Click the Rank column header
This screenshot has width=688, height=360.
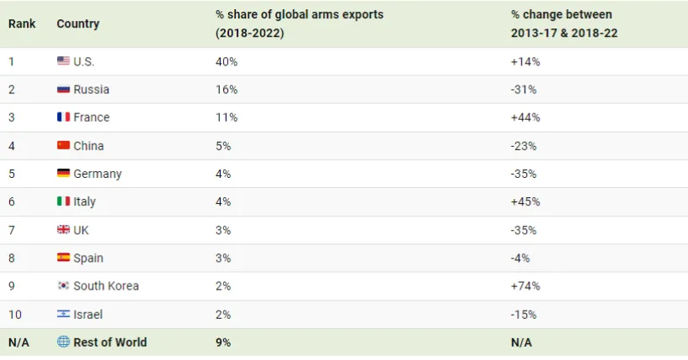[22, 23]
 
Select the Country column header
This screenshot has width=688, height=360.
[78, 23]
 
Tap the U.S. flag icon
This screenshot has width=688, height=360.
[63, 61]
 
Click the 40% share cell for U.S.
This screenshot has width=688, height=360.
[227, 61]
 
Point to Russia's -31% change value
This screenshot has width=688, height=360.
[524, 89]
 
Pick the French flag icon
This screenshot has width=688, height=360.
[63, 117]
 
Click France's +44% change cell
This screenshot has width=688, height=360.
[525, 117]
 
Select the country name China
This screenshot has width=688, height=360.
[89, 146]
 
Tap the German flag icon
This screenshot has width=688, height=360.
[63, 174]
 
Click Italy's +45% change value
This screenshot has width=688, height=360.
[525, 201]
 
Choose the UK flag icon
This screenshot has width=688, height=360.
[63, 230]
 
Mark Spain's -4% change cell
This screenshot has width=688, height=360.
[520, 258]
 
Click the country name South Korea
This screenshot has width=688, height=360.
[106, 285]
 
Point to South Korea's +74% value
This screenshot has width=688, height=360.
[525, 285]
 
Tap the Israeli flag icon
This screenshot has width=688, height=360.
[63, 314]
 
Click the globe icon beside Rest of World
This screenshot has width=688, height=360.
[63, 342]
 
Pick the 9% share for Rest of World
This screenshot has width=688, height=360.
[223, 342]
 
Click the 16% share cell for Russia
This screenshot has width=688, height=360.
[227, 89]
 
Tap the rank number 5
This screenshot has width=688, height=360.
[12, 174]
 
